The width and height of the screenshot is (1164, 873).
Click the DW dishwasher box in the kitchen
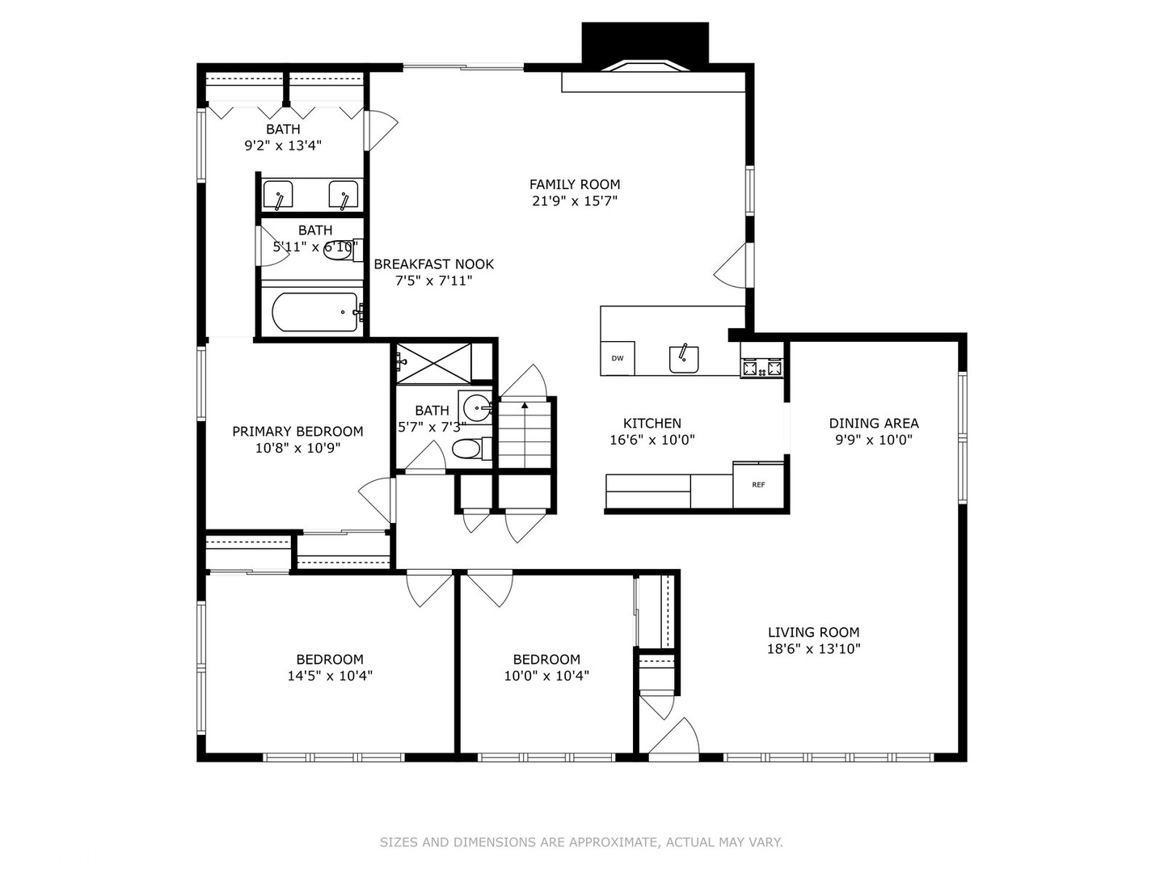[x=618, y=358]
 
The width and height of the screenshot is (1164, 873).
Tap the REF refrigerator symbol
[x=758, y=485]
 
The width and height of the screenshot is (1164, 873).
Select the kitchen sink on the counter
[x=684, y=358]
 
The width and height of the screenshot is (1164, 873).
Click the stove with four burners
[x=762, y=369]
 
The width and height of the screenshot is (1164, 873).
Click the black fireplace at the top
[x=645, y=44]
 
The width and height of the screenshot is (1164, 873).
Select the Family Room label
[x=575, y=184]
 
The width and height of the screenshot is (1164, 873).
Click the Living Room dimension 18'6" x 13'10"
[x=813, y=648]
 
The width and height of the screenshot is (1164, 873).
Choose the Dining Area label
[x=874, y=423]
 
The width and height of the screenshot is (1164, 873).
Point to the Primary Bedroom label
[x=297, y=431]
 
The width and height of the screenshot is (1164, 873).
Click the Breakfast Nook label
[x=433, y=264]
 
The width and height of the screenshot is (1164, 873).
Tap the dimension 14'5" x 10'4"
[x=330, y=676]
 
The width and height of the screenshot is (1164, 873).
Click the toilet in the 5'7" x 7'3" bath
[x=469, y=448]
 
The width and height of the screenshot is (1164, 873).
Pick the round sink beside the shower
[x=477, y=406]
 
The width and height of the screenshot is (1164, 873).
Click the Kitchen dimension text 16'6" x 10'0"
[x=652, y=440]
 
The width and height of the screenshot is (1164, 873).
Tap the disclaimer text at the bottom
[x=581, y=842]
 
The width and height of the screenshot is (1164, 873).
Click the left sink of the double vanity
[x=278, y=195]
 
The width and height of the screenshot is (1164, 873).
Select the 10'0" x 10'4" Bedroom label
[x=546, y=659]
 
